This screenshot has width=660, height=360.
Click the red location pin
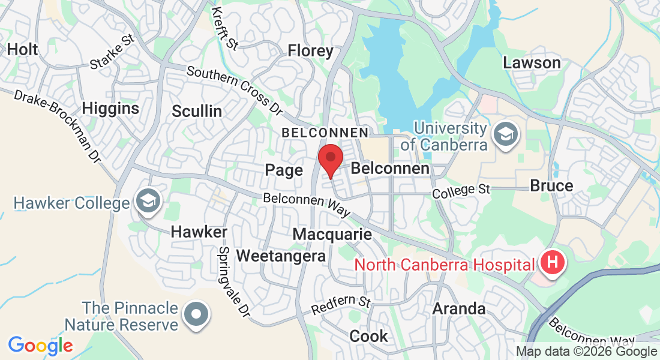[330, 159]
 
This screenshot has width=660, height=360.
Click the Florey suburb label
[310, 51]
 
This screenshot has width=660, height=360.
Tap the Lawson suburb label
[532, 62]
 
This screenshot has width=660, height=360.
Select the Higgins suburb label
[110, 109]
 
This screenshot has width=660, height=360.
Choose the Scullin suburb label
[197, 111]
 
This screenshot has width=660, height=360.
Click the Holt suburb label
[22, 49]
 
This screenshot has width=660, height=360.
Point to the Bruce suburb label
[551, 186]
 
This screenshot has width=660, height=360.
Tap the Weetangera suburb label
[281, 256]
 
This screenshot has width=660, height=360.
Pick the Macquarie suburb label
[332, 234]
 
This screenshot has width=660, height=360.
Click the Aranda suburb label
[459, 308]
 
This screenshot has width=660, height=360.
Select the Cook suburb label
[369, 336]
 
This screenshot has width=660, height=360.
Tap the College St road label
[461, 190]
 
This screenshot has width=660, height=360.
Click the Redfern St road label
[341, 305]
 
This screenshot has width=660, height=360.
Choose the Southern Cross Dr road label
[234, 90]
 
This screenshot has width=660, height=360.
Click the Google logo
[40, 346]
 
